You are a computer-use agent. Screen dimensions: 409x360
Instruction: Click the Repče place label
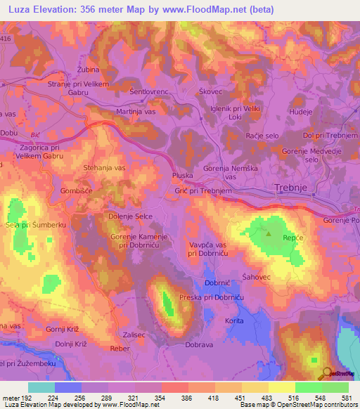click(x=292, y=239)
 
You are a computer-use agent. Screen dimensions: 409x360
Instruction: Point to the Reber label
click(x=120, y=348)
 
